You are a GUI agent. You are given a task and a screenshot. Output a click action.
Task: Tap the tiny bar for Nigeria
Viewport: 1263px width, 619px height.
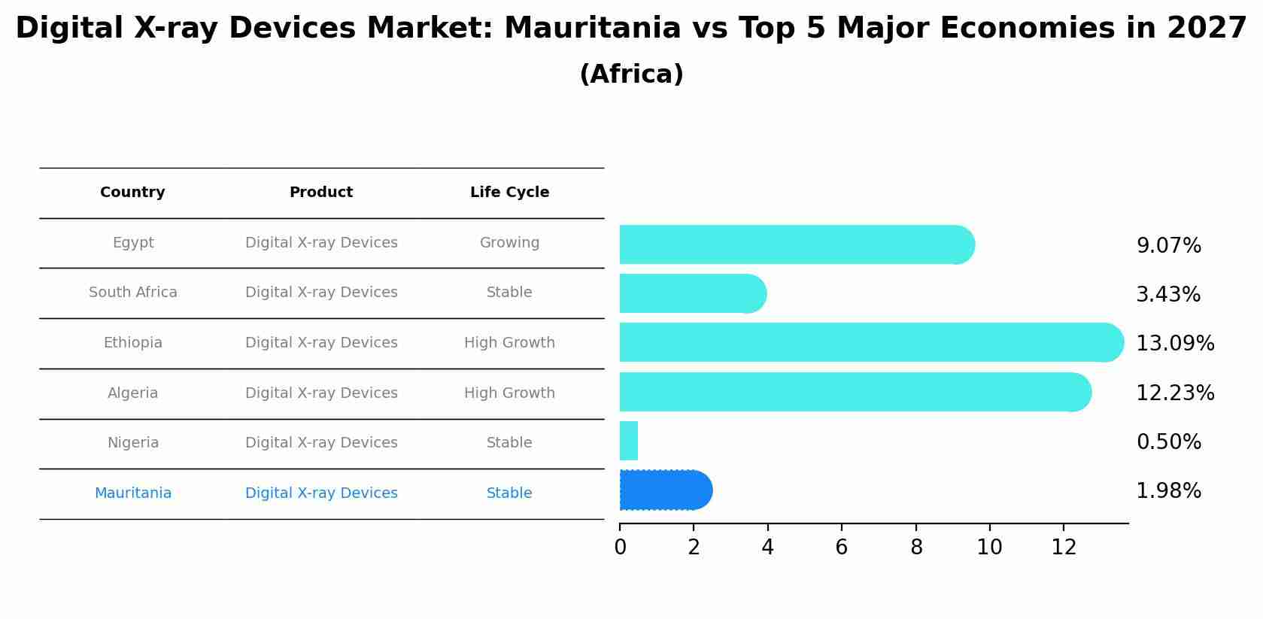(x=629, y=441)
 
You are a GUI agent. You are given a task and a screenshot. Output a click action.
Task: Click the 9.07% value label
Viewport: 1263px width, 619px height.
(x=1168, y=246)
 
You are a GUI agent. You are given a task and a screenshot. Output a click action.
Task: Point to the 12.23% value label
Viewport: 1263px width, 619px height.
(x=1174, y=393)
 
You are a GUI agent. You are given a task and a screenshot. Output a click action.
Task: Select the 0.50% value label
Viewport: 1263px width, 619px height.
(x=1168, y=441)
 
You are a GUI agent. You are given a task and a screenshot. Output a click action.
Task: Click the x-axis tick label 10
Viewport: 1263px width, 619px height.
(x=989, y=548)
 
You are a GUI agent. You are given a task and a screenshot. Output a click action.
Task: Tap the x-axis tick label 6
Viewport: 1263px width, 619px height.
(x=841, y=548)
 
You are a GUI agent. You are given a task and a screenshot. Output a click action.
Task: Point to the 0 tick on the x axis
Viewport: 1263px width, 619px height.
(x=620, y=548)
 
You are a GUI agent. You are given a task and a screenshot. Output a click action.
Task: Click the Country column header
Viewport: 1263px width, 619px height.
(x=132, y=193)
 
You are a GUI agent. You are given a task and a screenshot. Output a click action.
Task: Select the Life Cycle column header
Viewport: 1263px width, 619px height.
(x=509, y=193)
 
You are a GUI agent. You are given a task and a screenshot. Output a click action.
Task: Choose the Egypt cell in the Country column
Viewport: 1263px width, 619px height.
(x=133, y=243)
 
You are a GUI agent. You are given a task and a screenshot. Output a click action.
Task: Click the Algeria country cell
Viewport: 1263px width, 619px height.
(x=132, y=393)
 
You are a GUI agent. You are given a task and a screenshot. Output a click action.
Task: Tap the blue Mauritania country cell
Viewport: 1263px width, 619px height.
(x=132, y=493)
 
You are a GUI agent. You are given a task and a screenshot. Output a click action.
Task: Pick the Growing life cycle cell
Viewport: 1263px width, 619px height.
(x=509, y=243)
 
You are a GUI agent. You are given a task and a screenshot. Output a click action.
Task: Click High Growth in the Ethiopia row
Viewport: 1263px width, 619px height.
(x=509, y=343)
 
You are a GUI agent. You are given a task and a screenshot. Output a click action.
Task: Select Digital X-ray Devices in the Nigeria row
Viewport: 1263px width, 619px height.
(x=321, y=443)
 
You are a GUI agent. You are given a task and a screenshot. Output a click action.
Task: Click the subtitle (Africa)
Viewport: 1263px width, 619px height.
(x=631, y=74)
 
